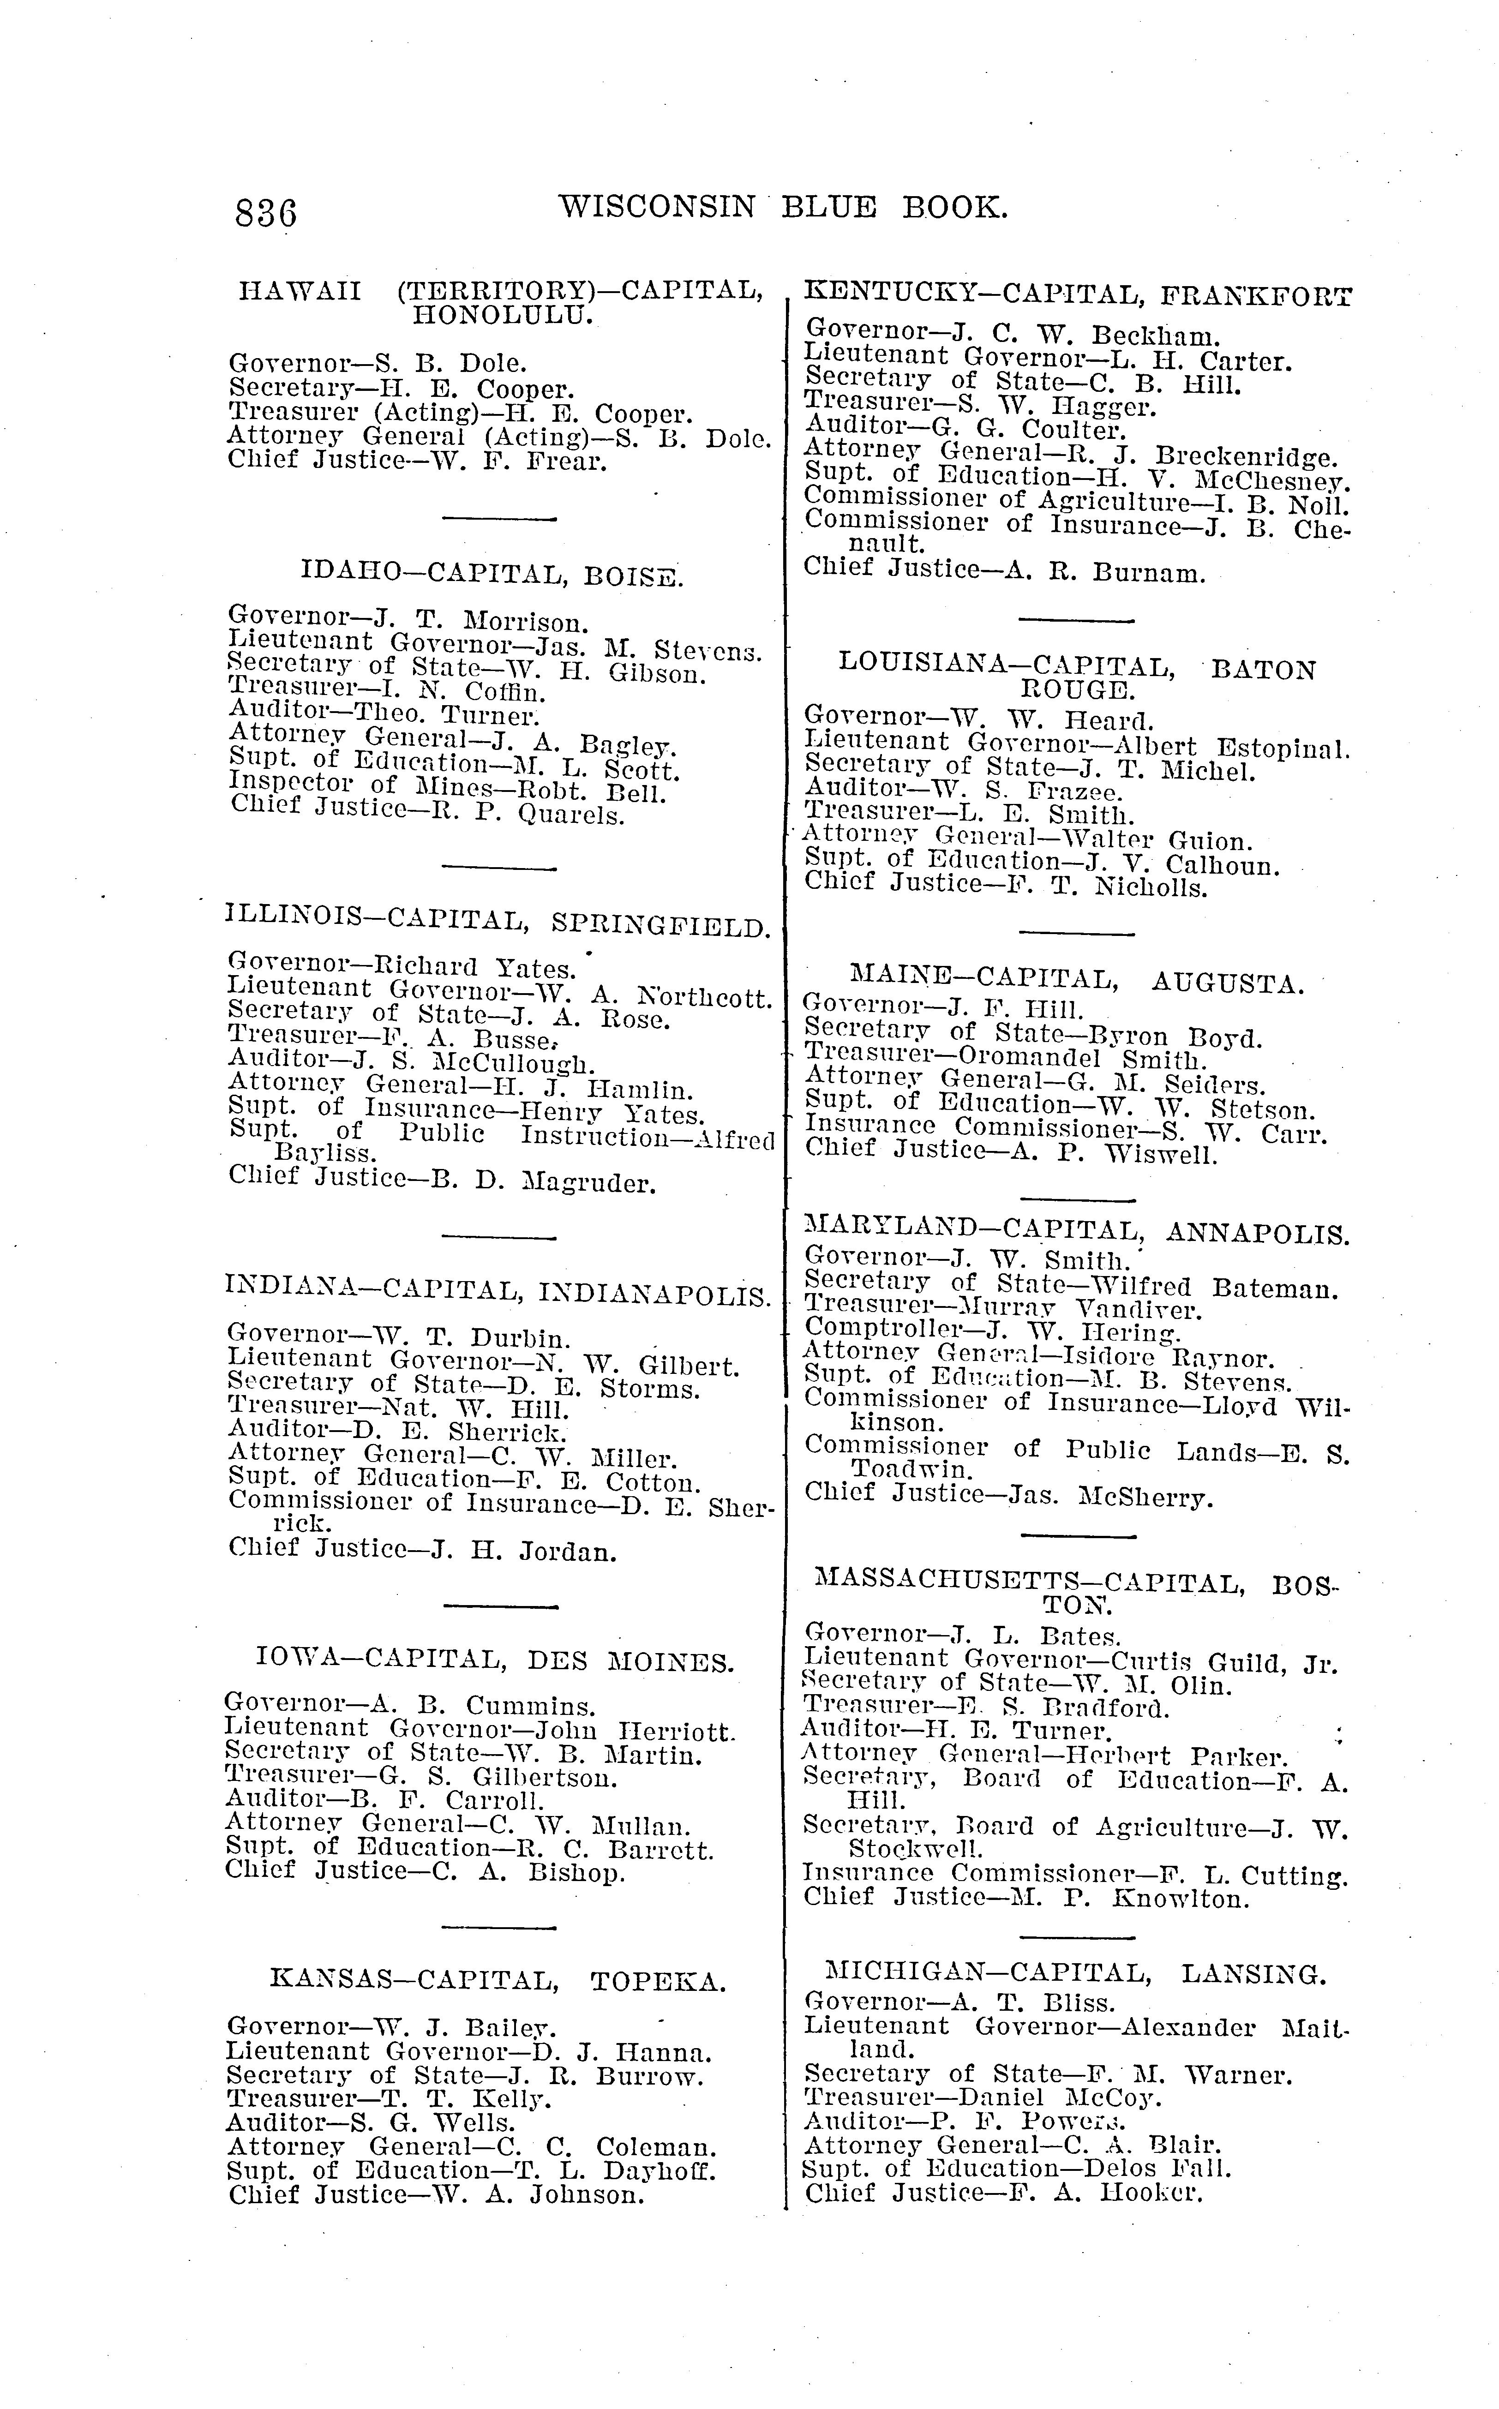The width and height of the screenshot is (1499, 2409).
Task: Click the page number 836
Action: coord(266,212)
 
